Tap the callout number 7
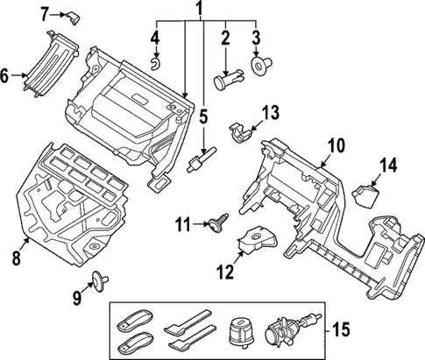click(x=46, y=12)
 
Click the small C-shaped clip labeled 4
click(x=154, y=61)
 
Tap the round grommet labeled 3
click(x=260, y=64)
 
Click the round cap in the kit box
click(x=238, y=333)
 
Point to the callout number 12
click(x=225, y=272)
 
